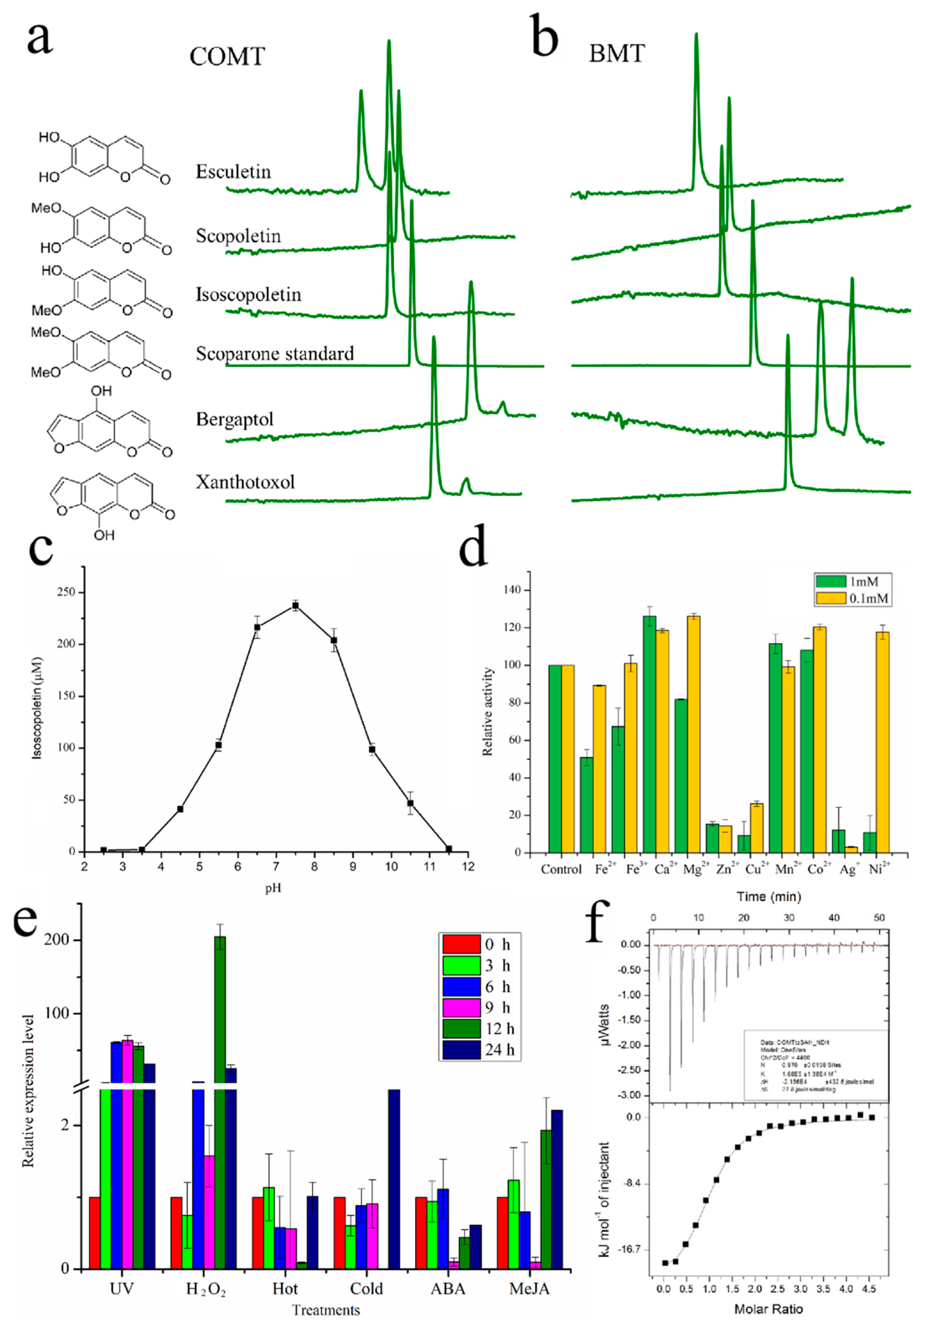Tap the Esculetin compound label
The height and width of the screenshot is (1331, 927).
click(233, 172)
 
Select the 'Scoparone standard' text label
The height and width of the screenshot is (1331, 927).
click(275, 353)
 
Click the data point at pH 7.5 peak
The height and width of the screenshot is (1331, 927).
click(296, 606)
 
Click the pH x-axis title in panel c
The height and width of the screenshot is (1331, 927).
click(273, 888)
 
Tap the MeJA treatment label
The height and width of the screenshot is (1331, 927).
click(529, 1288)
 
